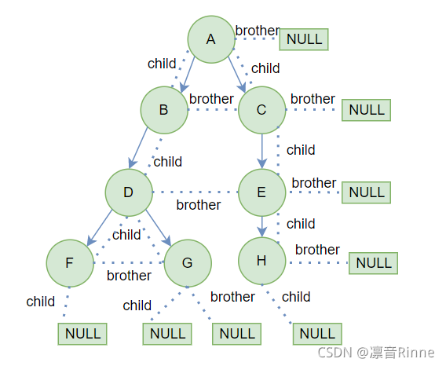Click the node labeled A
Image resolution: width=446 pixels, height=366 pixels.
pos(211,39)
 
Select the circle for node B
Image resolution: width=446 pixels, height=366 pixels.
pos(164,110)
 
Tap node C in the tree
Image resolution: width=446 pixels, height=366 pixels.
pos(261,110)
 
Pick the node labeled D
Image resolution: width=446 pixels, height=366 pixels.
pos(129,192)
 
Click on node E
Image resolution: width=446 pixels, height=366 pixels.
pos(261,192)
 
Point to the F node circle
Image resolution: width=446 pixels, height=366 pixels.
pos(70,263)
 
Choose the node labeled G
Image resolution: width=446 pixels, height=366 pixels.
pos(188,263)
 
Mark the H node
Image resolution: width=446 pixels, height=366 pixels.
pos(261,261)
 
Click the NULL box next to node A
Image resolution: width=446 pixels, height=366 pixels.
pos(304,39)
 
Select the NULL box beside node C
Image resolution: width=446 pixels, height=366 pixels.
pos(366,110)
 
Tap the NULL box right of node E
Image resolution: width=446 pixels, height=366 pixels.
pos(366,192)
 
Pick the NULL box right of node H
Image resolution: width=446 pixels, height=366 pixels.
pos(373,263)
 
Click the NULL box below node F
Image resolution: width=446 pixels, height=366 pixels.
pos(82,334)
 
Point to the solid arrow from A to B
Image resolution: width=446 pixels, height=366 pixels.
pos(188,75)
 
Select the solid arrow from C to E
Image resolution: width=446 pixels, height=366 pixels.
pos(262,151)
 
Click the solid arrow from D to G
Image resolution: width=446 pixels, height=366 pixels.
pos(158,228)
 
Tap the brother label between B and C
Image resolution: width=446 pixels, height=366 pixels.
pos(211,99)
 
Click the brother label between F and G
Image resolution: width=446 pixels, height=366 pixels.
pos(129,275)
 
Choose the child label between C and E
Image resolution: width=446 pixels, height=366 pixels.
pos(301,150)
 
